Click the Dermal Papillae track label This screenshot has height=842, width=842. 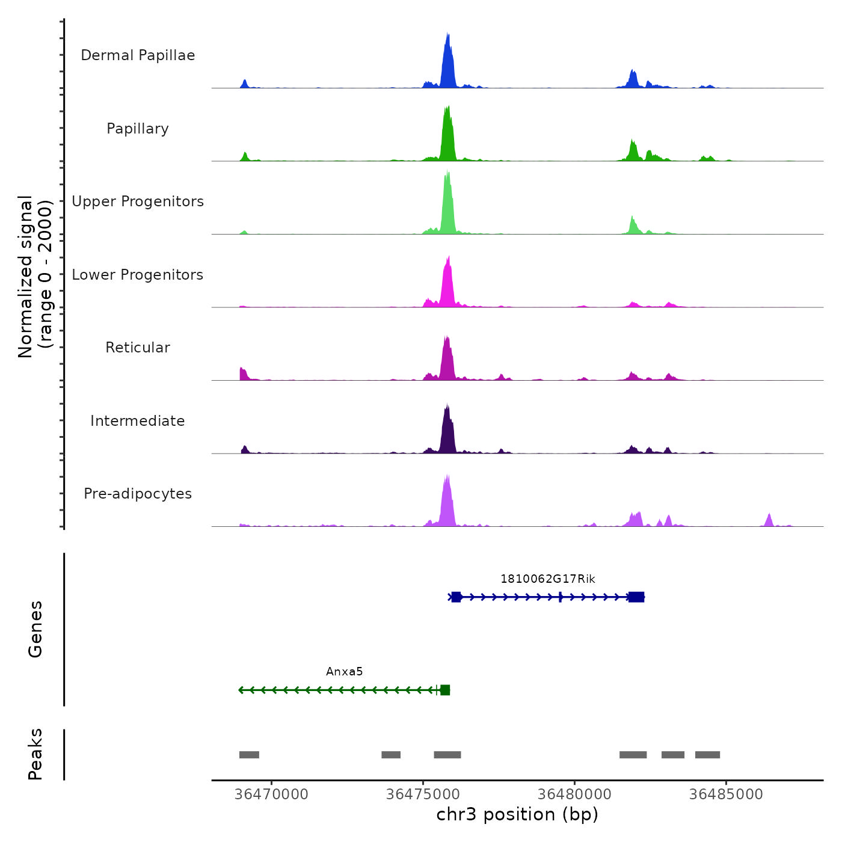(x=138, y=55)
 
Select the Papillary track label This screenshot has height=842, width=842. (x=138, y=129)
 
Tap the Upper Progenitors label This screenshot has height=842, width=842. (x=138, y=201)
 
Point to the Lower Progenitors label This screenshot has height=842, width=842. (x=138, y=275)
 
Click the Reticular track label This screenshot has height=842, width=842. (x=138, y=348)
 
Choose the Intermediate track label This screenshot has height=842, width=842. (x=138, y=421)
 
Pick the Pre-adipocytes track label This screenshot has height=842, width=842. (x=138, y=494)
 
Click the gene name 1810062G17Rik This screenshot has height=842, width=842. (x=547, y=579)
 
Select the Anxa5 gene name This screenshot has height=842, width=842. (x=344, y=672)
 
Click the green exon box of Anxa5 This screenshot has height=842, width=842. (x=445, y=690)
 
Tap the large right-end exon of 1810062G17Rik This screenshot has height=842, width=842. (x=636, y=597)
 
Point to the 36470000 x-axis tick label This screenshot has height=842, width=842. (x=271, y=794)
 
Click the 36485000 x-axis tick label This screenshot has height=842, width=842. (x=726, y=794)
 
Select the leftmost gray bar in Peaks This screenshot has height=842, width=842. (x=249, y=755)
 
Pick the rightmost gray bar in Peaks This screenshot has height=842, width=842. (x=707, y=755)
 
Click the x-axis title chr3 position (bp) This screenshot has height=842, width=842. (x=517, y=814)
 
